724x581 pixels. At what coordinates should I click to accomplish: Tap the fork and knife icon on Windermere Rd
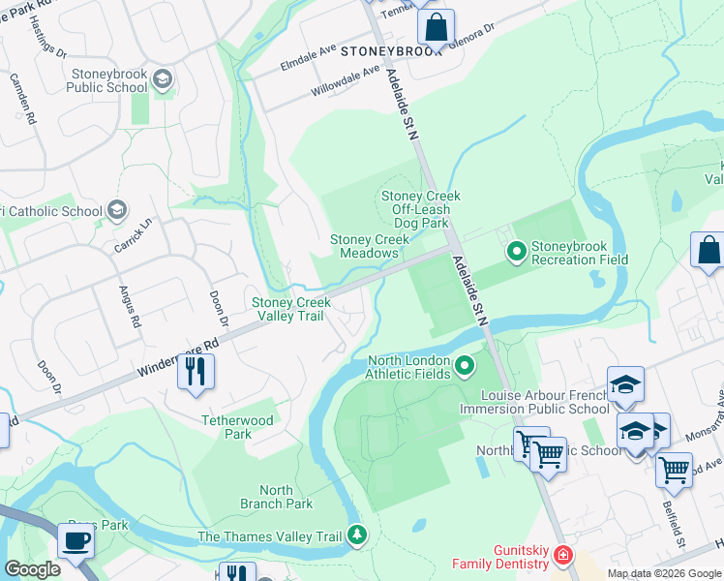(x=196, y=371)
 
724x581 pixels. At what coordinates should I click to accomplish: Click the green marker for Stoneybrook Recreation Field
(x=517, y=252)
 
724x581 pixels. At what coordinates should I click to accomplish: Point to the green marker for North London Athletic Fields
(x=465, y=365)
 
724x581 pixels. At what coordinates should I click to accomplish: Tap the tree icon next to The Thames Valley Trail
(x=357, y=535)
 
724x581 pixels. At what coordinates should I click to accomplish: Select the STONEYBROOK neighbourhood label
(x=390, y=51)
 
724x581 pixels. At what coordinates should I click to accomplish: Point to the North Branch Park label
(x=277, y=497)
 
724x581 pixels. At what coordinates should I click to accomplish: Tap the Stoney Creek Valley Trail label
(x=291, y=309)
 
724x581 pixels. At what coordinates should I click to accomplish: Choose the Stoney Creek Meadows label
(x=365, y=246)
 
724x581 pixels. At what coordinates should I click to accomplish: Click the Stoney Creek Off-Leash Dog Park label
(x=420, y=209)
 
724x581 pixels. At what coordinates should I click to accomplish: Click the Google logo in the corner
(x=32, y=569)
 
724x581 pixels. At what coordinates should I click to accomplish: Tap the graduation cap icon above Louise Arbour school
(x=625, y=384)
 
